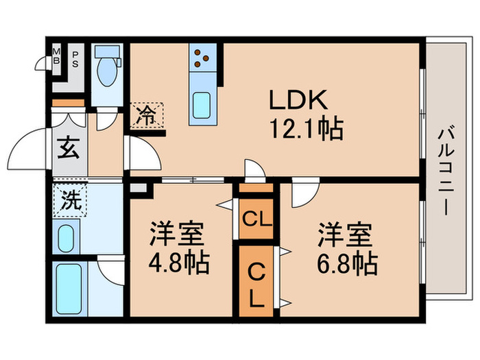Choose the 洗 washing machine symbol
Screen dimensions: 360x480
click(x=68, y=203)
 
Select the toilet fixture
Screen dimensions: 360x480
click(x=106, y=68)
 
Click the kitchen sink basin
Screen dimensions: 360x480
click(x=204, y=104)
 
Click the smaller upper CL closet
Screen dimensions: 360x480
click(x=256, y=219)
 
